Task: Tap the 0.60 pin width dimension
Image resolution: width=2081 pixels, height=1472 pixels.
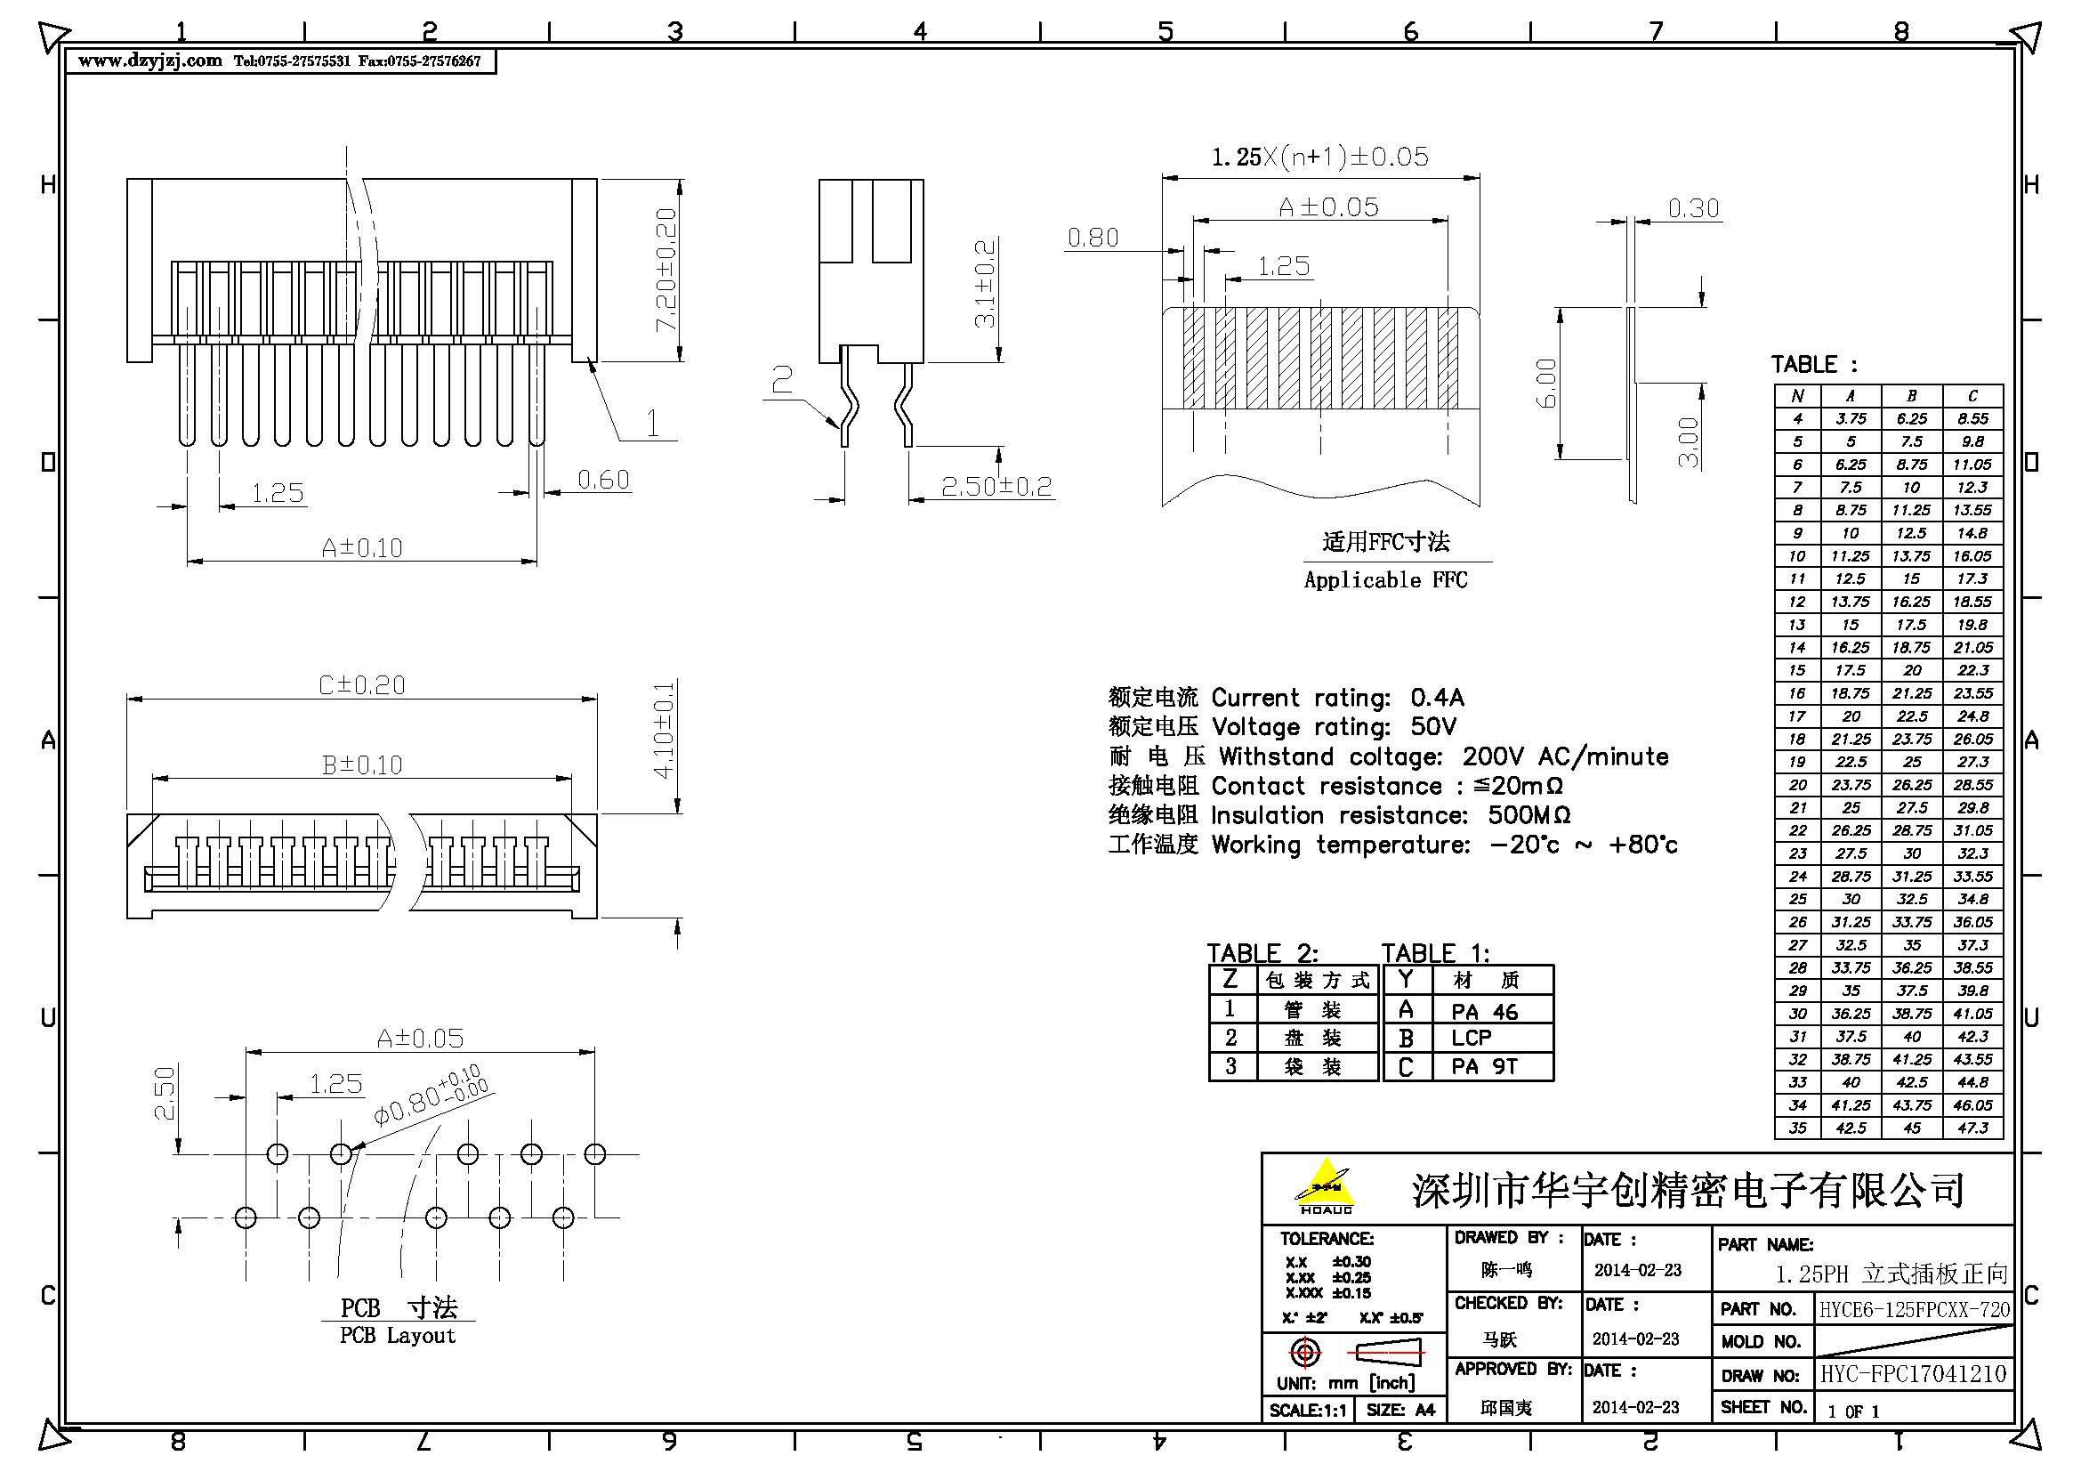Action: [602, 480]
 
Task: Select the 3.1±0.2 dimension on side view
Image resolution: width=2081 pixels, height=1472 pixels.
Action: [985, 284]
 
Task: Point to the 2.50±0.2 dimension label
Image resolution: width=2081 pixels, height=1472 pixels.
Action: [996, 487]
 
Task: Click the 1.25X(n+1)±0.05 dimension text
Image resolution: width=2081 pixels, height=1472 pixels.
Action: [1319, 157]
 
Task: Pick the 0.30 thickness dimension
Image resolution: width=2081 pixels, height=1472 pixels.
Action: [1693, 208]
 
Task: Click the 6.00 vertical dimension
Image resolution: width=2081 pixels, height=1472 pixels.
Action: [1546, 383]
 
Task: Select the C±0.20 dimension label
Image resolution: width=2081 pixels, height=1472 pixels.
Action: [361, 685]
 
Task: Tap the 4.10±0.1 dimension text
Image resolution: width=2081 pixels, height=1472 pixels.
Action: [665, 731]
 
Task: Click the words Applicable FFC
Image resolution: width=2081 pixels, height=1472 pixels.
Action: [1385, 580]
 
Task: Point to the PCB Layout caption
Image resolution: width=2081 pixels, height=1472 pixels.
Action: [397, 1336]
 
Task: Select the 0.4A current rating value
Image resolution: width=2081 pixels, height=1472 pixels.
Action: [1437, 697]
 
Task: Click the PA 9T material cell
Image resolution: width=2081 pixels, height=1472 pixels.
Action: [1484, 1067]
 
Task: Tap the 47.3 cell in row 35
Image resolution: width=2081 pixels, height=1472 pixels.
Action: [1972, 1128]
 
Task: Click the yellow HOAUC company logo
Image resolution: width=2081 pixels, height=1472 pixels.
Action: [1325, 1185]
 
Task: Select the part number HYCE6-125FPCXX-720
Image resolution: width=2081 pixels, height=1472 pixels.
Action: [1915, 1309]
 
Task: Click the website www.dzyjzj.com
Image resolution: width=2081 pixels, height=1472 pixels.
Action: [150, 61]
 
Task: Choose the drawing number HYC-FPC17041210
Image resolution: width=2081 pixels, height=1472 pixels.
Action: [1914, 1374]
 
